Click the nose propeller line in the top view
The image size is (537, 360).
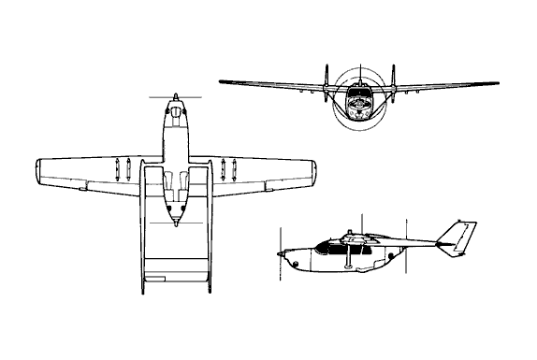tap(175, 96)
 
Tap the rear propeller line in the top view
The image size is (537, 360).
tap(175, 224)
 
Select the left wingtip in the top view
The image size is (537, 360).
tap(37, 172)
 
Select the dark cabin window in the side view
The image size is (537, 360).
tap(329, 247)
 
